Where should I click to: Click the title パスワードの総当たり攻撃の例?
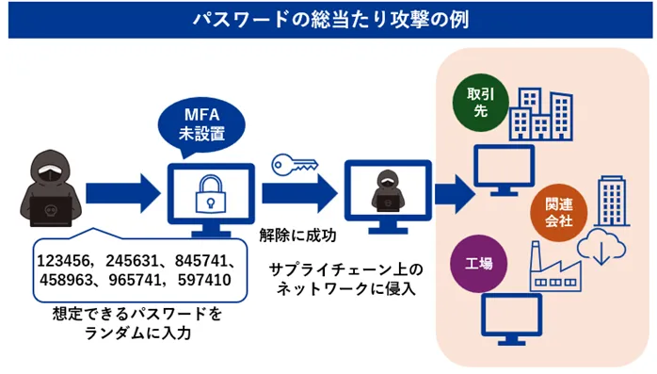click(328, 19)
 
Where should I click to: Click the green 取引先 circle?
click(478, 103)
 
